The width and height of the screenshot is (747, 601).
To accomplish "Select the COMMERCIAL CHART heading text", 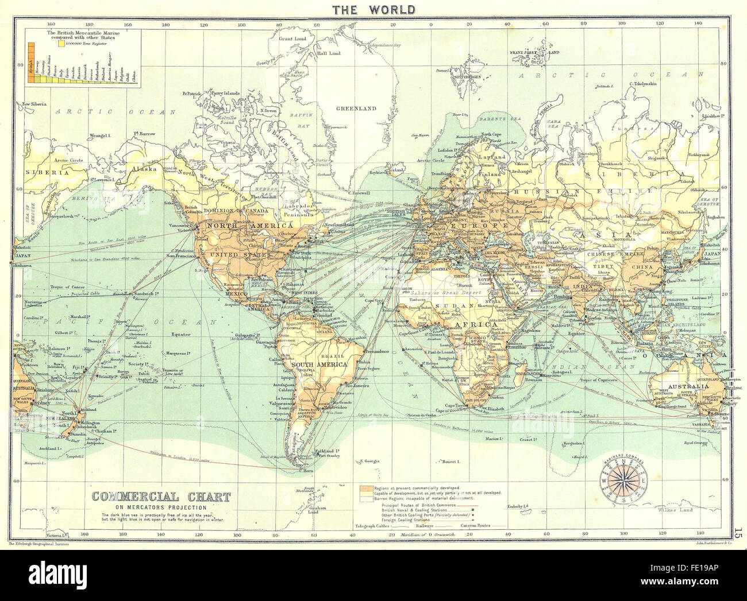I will click(161, 497).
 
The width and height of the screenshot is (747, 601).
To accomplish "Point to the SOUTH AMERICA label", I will click(318, 365).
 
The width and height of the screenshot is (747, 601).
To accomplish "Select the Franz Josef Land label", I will click(534, 52).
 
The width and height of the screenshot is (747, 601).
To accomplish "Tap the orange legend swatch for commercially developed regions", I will click(364, 488).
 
